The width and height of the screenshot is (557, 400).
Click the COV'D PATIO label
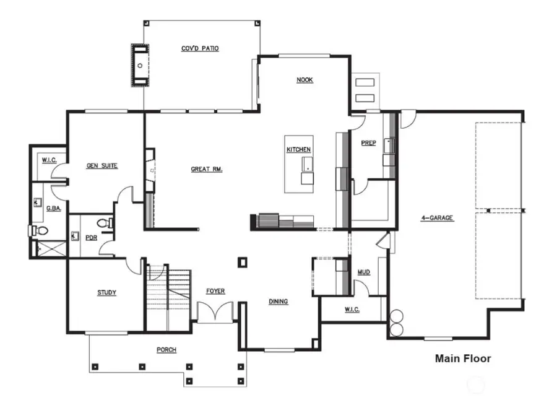pyautogui.click(x=199, y=48)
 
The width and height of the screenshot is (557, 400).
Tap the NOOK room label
pyautogui.click(x=304, y=80)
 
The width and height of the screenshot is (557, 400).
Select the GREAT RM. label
pyautogui.click(x=207, y=168)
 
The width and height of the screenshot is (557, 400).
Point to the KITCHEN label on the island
pyautogui.click(x=298, y=150)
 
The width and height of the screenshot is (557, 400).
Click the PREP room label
pyautogui.click(x=368, y=142)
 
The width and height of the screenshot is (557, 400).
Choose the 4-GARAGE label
pyautogui.click(x=437, y=218)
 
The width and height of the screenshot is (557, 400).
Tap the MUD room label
pyautogui.click(x=364, y=272)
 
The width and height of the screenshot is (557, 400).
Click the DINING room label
pyautogui.click(x=278, y=302)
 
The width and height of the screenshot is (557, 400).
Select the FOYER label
pyautogui.click(x=215, y=291)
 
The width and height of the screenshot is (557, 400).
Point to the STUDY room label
pyautogui.click(x=106, y=293)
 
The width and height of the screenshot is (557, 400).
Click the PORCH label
pyautogui.click(x=166, y=350)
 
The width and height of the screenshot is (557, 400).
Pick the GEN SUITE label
pyautogui.click(x=102, y=165)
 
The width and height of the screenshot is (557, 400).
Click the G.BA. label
pyautogui.click(x=53, y=209)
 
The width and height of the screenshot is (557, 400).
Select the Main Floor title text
pyautogui.click(x=463, y=358)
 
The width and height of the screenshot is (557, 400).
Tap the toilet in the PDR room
pyautogui.click(x=106, y=222)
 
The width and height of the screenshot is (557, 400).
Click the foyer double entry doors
pyautogui.click(x=215, y=310)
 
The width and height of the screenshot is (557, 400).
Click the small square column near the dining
pyautogui.click(x=242, y=263)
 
